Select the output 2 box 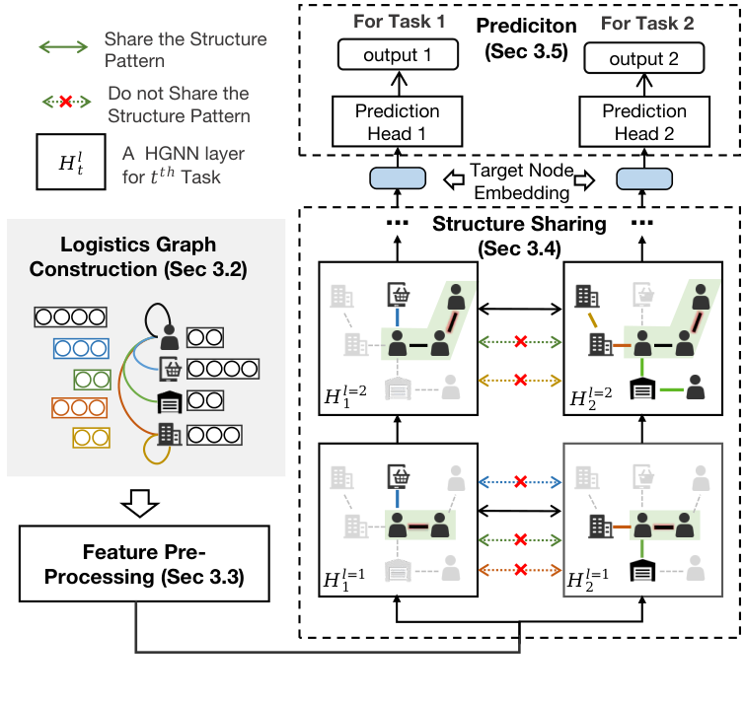point(643,59)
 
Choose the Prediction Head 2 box point(643,122)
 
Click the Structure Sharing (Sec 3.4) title point(519,233)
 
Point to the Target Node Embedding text point(519,180)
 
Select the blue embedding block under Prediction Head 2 point(643,178)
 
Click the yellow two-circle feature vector point(91,436)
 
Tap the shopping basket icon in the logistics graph point(169,370)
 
